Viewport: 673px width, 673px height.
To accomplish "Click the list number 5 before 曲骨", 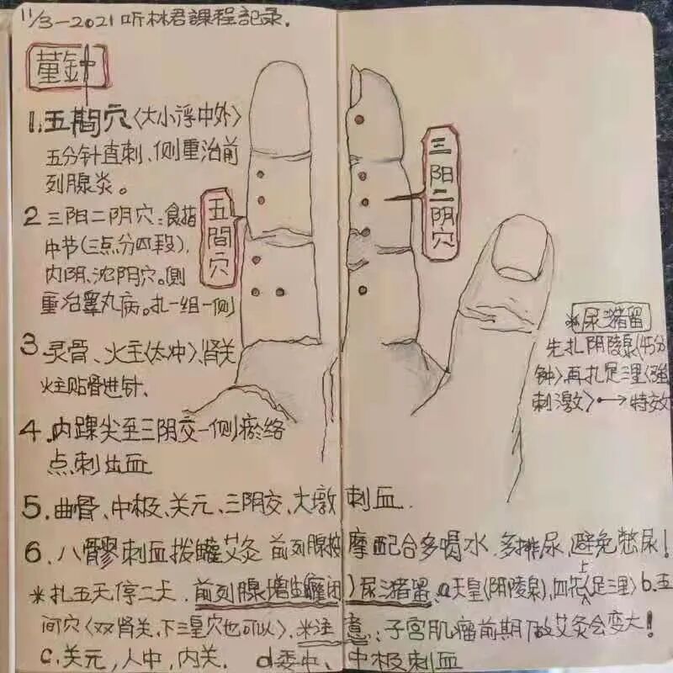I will point(32,507).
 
